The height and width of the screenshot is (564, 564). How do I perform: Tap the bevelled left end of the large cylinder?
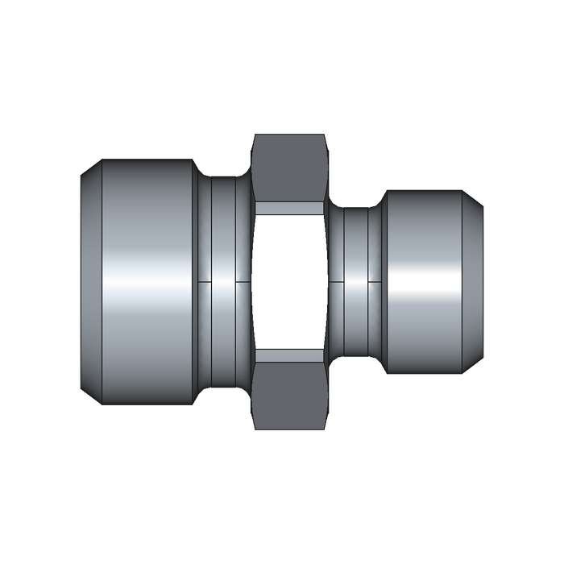90,282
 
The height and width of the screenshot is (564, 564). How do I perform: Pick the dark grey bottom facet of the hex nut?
289,395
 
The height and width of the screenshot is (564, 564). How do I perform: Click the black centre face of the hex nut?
289,282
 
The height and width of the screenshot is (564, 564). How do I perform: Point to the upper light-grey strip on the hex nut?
289,208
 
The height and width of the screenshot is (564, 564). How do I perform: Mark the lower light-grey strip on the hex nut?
289,355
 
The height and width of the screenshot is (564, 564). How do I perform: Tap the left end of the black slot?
390,282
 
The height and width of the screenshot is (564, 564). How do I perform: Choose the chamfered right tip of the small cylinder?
475,282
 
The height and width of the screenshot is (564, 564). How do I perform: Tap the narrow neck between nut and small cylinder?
355,282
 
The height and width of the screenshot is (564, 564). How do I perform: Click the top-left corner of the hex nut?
255,135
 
